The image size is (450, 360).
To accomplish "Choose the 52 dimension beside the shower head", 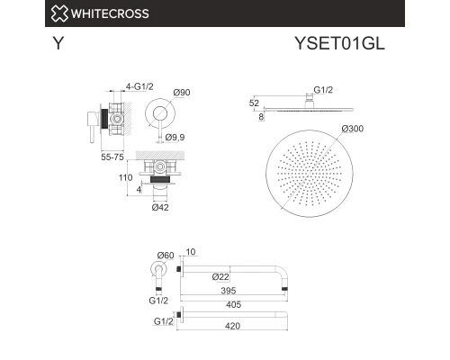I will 255,103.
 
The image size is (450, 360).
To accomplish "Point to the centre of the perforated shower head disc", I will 306,173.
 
